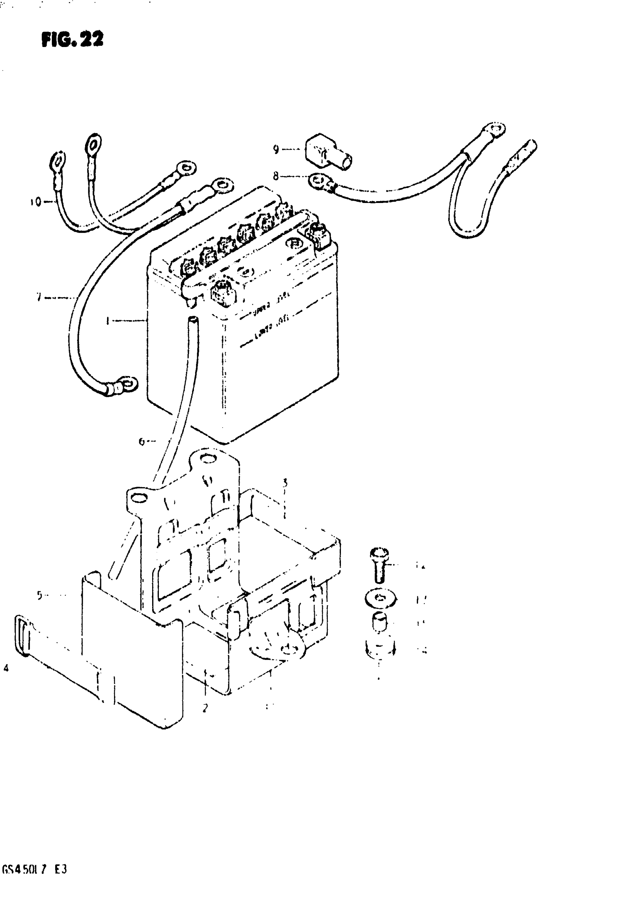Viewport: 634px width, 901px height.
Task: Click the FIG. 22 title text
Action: (72, 40)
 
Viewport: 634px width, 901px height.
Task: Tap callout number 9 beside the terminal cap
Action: (276, 150)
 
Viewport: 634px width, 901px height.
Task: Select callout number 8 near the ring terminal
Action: (276, 176)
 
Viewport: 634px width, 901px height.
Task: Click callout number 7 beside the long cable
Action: (39, 297)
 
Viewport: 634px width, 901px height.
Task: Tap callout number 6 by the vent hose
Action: (142, 441)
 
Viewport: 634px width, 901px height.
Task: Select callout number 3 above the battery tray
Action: (285, 483)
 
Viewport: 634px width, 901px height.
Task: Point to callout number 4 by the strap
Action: (6, 668)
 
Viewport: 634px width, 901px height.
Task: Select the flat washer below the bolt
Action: (380, 599)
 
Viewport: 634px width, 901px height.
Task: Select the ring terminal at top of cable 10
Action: (58, 160)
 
